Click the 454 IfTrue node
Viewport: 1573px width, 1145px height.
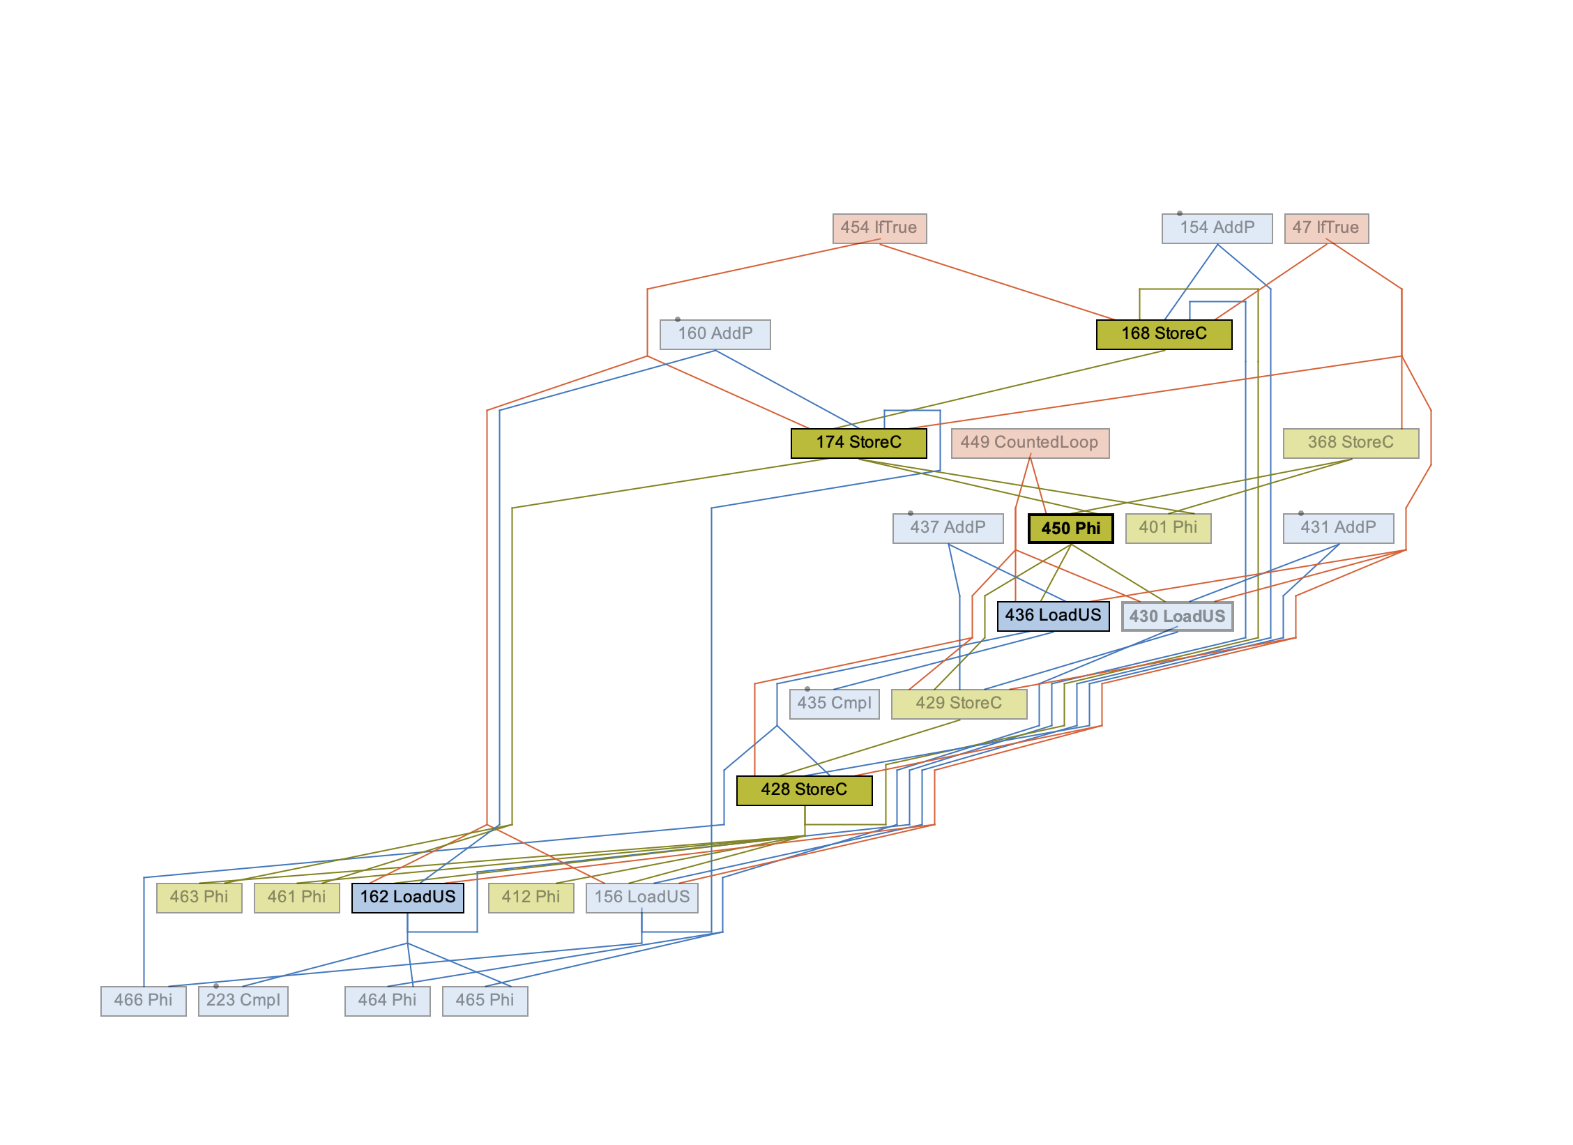point(879,228)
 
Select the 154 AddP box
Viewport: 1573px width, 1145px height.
point(1217,228)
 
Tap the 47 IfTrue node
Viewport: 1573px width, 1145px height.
point(1326,228)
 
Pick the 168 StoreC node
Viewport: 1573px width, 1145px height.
point(1164,334)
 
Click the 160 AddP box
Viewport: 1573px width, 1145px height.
point(715,334)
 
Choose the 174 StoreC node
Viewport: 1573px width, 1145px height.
point(858,443)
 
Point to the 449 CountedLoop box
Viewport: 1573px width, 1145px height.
point(1030,443)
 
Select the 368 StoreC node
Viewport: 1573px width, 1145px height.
point(1351,443)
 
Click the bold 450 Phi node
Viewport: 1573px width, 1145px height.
point(1070,528)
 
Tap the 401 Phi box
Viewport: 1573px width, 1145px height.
point(1168,528)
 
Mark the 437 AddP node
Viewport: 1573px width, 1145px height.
point(948,528)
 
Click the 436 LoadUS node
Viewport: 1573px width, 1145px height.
point(1053,616)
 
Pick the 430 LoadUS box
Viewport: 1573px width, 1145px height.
point(1177,616)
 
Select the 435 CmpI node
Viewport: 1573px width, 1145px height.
point(834,704)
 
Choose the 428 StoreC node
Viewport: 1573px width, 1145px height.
point(804,790)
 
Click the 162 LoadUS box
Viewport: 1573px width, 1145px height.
point(407,897)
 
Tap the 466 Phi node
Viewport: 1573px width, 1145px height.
point(143,1001)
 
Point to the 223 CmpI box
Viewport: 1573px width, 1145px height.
point(243,1001)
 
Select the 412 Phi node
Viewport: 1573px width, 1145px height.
point(531,897)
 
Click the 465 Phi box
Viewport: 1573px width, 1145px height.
point(485,1001)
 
